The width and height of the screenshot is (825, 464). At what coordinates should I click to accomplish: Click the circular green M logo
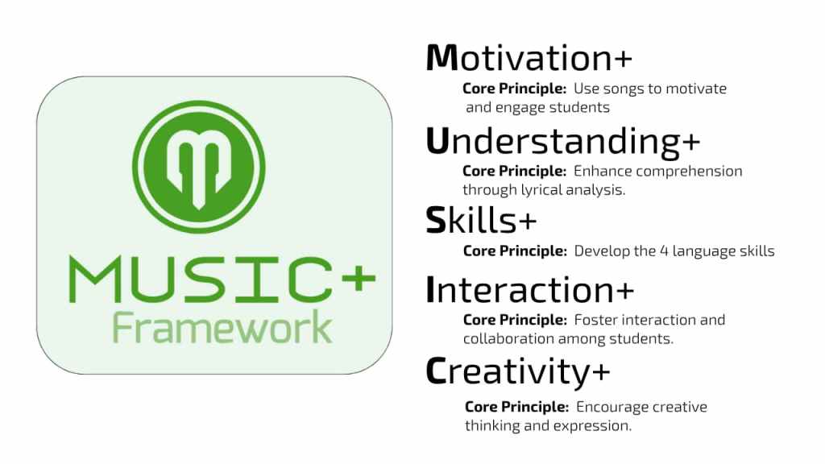click(x=199, y=167)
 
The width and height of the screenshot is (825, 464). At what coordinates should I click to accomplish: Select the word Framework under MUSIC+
click(x=222, y=327)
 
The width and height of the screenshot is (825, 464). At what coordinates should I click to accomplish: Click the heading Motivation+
click(x=529, y=57)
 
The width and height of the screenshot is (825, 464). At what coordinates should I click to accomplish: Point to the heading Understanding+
click(x=563, y=142)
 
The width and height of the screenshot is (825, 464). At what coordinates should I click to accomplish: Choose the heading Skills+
click(x=481, y=220)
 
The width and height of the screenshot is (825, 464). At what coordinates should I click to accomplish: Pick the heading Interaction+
click(x=530, y=289)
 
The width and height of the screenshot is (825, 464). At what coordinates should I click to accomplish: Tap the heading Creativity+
click(x=518, y=372)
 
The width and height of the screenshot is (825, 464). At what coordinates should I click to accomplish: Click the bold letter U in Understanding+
click(x=437, y=141)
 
